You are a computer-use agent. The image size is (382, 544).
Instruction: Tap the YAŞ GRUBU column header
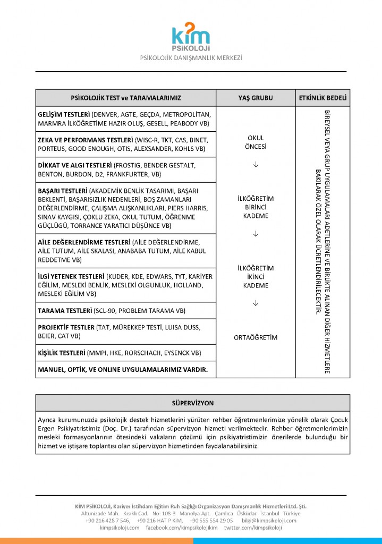coord(256,98)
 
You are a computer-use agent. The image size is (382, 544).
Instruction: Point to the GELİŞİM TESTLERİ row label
coord(63,114)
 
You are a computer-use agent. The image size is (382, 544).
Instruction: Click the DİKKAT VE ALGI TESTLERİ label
coord(74,165)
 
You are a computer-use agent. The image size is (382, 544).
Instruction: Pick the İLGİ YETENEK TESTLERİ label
coord(71,277)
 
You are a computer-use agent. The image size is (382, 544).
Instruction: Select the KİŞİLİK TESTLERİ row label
coord(61,353)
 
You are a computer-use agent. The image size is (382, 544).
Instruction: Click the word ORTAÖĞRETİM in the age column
coord(256,338)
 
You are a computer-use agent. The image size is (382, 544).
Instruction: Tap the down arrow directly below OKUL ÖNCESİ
coord(256,164)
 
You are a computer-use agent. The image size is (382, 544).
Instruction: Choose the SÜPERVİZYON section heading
coord(193,403)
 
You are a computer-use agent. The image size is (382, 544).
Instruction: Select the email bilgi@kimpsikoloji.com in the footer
coord(269,521)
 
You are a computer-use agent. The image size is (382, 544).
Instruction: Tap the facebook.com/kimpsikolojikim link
coord(181,528)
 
